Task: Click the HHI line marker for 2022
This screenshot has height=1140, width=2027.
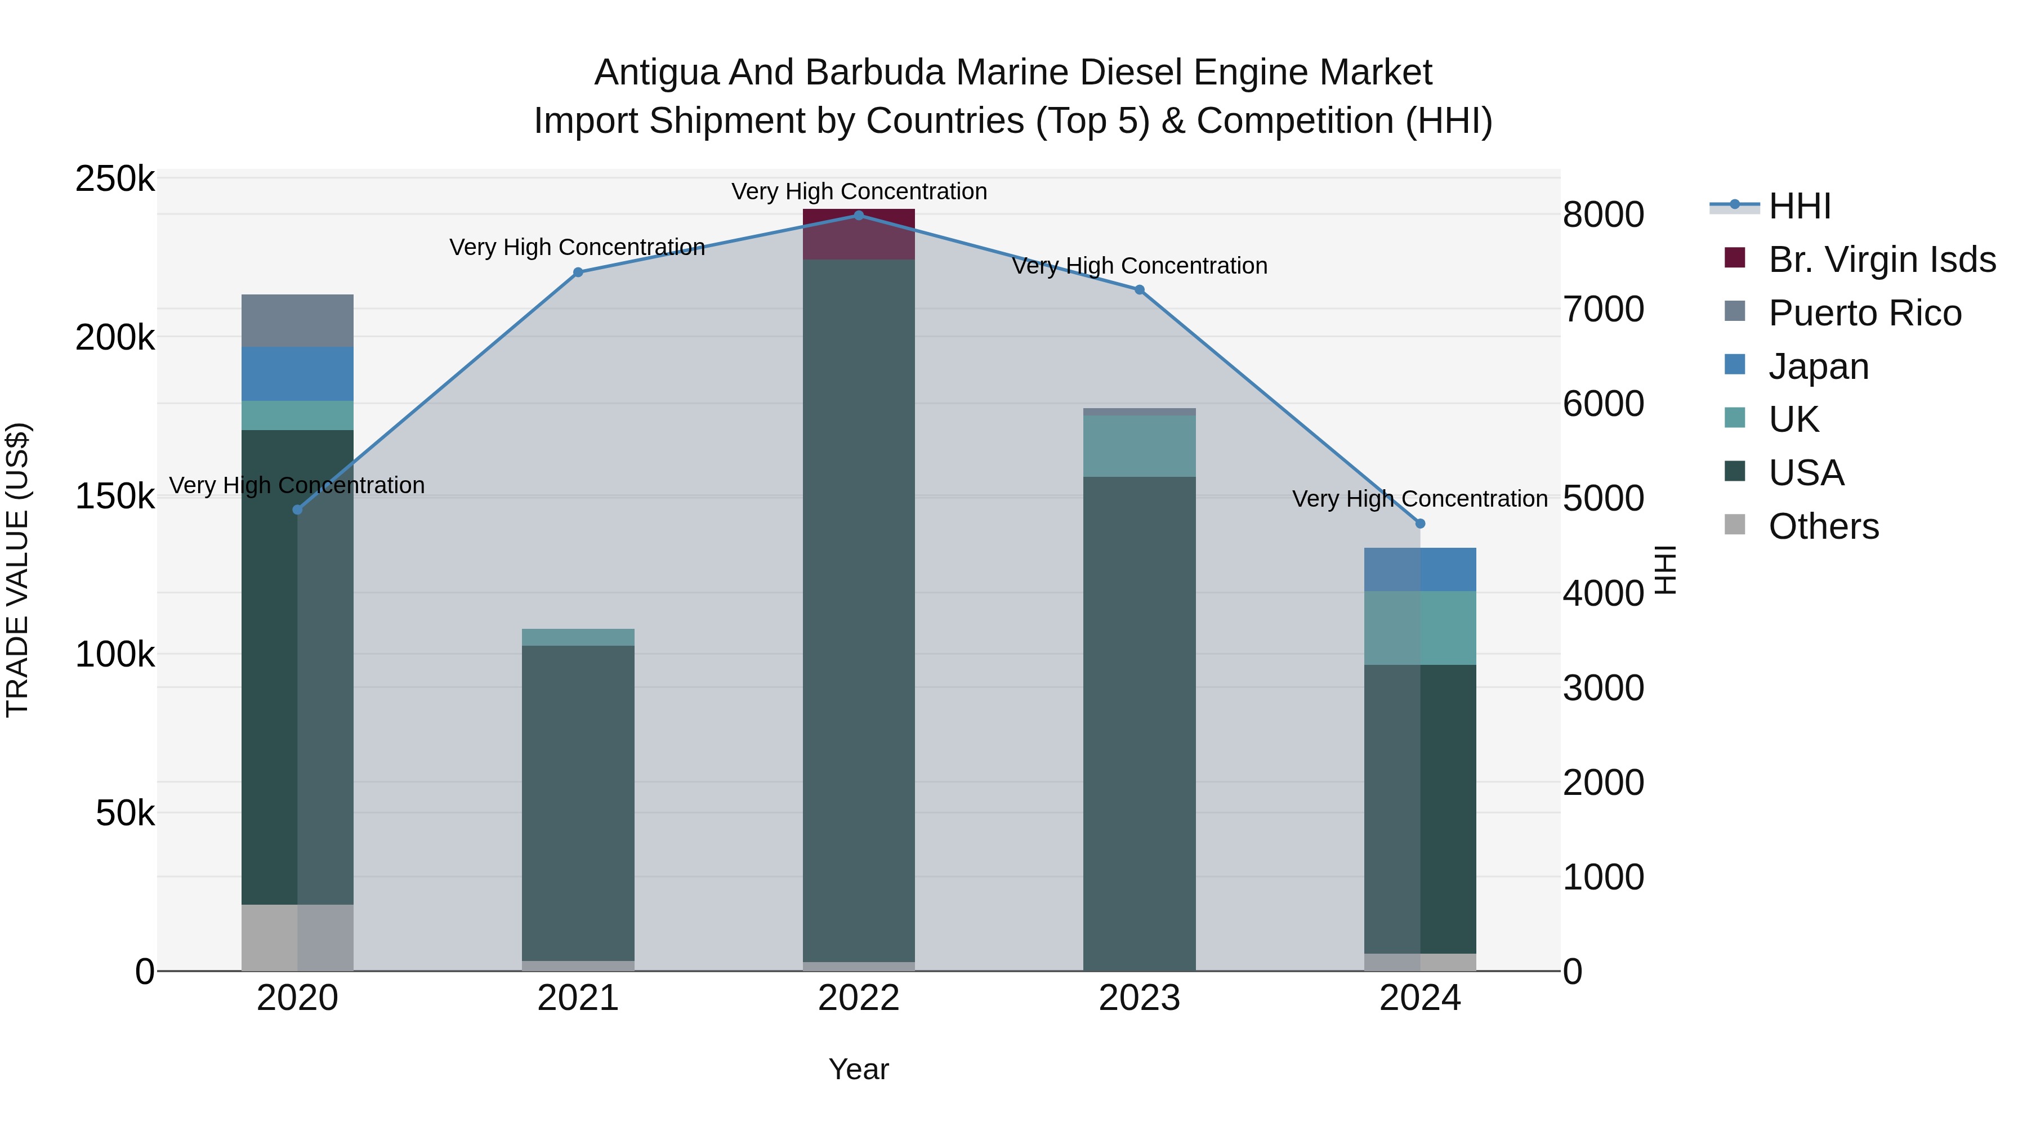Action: [x=859, y=215]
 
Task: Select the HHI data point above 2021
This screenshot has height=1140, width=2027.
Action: [x=578, y=272]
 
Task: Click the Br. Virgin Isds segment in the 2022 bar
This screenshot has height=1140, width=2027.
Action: [x=859, y=234]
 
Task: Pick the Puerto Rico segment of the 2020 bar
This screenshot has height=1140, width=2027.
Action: [x=297, y=320]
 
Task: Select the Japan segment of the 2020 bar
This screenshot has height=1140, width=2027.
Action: [x=297, y=374]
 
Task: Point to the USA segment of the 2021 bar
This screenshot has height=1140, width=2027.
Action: [x=578, y=802]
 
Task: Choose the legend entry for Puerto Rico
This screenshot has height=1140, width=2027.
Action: [x=1865, y=313]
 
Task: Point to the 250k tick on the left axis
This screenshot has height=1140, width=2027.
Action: [x=115, y=180]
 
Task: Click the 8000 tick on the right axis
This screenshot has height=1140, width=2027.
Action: [x=1603, y=215]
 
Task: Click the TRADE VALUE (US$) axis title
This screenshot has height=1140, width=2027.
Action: [x=17, y=570]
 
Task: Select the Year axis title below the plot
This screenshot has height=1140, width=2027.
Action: [x=859, y=1069]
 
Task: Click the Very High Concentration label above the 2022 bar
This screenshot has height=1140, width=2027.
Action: [x=859, y=191]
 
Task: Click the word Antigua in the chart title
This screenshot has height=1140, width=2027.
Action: [x=657, y=73]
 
